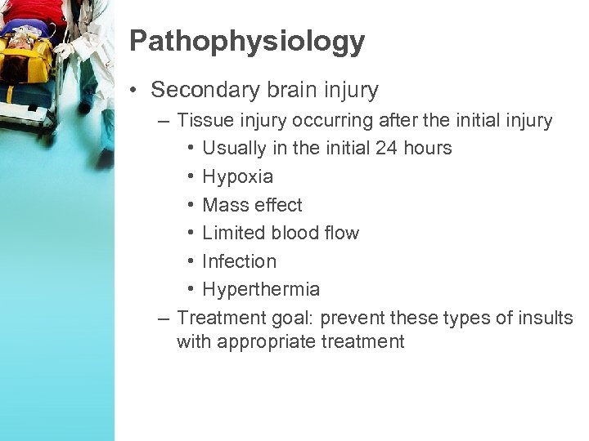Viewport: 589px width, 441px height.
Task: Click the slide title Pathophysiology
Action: pyautogui.click(x=246, y=42)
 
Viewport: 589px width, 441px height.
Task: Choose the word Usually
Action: pyautogui.click(x=234, y=148)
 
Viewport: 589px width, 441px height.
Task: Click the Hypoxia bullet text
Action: pyautogui.click(x=237, y=176)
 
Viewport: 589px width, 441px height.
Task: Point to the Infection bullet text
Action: pyautogui.click(x=239, y=261)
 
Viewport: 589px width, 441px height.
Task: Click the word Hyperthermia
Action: pyautogui.click(x=261, y=289)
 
